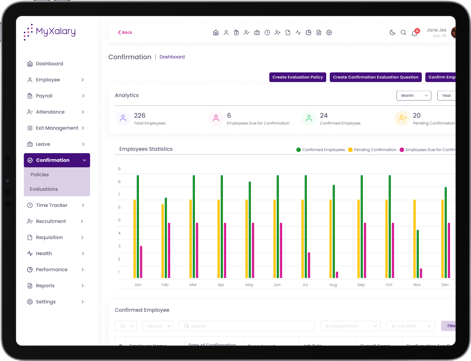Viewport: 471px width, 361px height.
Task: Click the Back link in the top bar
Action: pyautogui.click(x=125, y=32)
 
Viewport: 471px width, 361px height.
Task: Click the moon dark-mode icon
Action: pyautogui.click(x=392, y=32)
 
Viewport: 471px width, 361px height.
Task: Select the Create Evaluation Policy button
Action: pyautogui.click(x=298, y=77)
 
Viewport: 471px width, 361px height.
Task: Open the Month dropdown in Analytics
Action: pyautogui.click(x=414, y=96)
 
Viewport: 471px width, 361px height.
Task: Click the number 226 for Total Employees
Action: pyautogui.click(x=140, y=116)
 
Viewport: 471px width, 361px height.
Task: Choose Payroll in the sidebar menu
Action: pyautogui.click(x=44, y=96)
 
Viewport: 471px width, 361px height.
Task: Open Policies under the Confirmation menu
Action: pyautogui.click(x=40, y=175)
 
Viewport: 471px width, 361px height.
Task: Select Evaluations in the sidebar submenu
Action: pyautogui.click(x=44, y=189)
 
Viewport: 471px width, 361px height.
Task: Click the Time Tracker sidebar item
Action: pyautogui.click(x=51, y=205)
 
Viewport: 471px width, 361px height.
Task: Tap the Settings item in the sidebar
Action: pyautogui.click(x=46, y=302)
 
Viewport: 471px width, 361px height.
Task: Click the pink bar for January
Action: pyautogui.click(x=141, y=262)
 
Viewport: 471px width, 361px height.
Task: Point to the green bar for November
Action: pyautogui.click(x=418, y=254)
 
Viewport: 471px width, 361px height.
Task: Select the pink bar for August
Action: pyautogui.click(x=337, y=275)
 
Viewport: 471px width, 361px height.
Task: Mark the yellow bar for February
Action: pyautogui.click(x=162, y=241)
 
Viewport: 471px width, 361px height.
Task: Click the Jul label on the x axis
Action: pyautogui.click(x=305, y=285)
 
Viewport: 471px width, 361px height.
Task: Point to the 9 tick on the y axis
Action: pyautogui.click(x=119, y=169)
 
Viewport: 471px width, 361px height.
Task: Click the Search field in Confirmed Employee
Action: pyautogui.click(x=247, y=326)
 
